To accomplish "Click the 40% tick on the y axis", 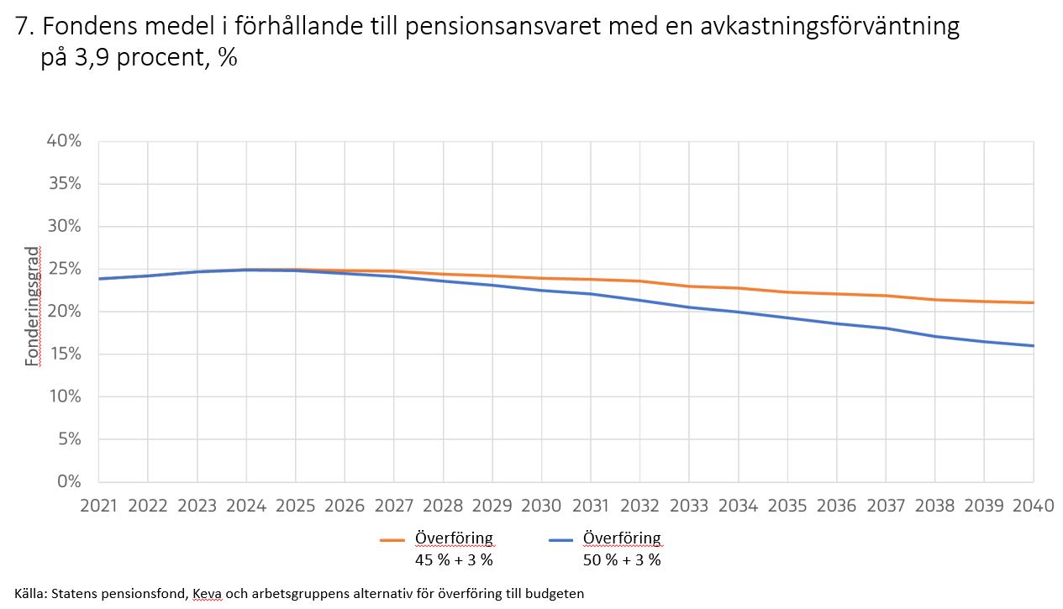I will (64, 141).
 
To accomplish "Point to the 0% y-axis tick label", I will (69, 482).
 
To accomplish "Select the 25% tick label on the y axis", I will (64, 269).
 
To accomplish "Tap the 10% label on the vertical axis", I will (64, 396).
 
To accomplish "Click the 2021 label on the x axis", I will (99, 506).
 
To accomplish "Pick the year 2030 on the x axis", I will (541, 506).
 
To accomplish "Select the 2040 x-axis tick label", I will (1033, 506).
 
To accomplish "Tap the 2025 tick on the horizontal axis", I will (296, 506).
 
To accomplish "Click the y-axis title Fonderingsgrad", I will (32, 306).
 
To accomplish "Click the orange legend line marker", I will (392, 540).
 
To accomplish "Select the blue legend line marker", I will (560, 540).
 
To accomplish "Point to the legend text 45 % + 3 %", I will (454, 559).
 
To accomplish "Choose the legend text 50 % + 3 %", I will (622, 559).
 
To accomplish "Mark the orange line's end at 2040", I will (1033, 303).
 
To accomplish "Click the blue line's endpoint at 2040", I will (1033, 346).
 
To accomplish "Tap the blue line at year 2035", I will (787, 318).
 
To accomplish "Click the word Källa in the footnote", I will (30, 593).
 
